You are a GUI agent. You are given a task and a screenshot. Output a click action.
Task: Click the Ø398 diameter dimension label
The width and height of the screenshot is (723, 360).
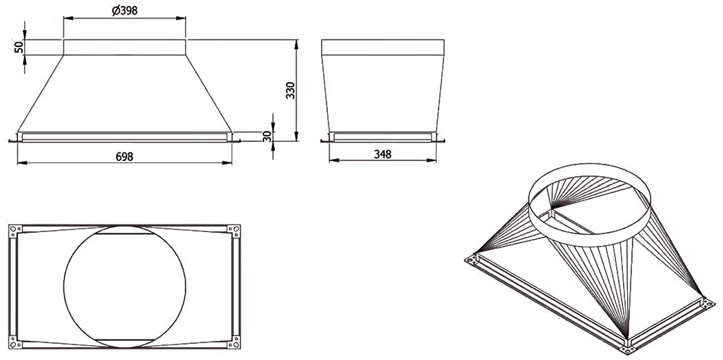coord(125,11)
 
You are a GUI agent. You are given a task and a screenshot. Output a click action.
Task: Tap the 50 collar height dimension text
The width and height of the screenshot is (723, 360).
coord(19,47)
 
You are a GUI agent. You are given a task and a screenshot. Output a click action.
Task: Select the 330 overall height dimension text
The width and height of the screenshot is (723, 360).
coord(290,90)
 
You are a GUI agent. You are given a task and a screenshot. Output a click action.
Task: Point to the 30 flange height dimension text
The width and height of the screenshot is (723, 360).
coord(268,136)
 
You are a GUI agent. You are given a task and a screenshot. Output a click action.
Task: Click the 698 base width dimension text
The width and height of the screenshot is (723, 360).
coord(124,157)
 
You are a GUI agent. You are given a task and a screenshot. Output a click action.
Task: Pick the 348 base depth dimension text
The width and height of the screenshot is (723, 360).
coord(383,154)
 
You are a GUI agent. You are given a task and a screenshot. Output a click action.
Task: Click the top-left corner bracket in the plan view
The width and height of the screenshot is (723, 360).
coord(15,231)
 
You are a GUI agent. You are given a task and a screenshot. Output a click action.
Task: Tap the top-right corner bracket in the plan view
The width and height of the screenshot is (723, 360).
coord(234,231)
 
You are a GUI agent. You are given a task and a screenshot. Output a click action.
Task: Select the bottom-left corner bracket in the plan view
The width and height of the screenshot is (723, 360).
coord(15,342)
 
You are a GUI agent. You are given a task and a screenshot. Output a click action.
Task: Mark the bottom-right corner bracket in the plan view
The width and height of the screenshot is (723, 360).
coord(234,342)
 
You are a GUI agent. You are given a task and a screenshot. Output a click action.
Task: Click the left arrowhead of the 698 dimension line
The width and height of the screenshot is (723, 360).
coord(22,163)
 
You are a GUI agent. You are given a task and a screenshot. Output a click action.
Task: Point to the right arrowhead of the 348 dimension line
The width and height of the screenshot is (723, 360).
coord(432,160)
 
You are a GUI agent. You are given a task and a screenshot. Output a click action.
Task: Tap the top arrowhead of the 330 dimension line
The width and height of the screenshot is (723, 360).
coord(296,45)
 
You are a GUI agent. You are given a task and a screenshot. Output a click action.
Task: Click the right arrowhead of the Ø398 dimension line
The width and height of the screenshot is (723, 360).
coord(181,19)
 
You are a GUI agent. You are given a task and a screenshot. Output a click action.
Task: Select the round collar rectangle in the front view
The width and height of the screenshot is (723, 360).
coord(124,48)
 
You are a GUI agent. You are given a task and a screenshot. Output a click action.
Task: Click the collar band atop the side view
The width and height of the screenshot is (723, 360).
coord(383,48)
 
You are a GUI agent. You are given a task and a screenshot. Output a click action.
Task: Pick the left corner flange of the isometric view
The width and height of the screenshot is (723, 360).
coord(472,260)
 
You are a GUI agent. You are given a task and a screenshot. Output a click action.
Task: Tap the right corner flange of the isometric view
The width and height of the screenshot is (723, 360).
coord(710,304)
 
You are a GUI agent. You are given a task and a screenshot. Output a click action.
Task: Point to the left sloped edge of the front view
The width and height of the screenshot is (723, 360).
coord(40,93)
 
